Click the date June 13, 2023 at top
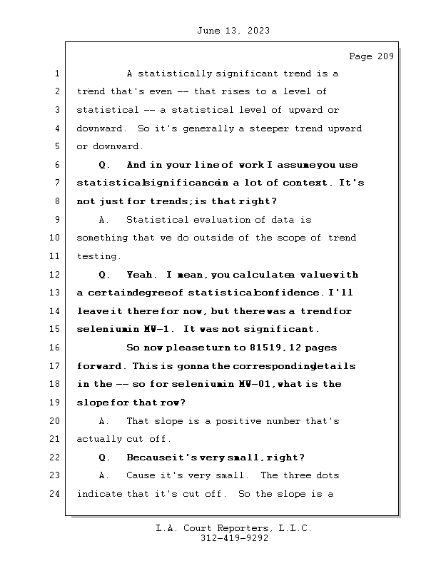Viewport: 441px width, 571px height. pos(232,31)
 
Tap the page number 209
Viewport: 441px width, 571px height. pos(385,56)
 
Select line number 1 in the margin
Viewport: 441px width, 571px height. pos(56,74)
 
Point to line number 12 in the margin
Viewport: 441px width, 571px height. pos(56,275)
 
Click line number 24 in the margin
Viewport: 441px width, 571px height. pos(56,493)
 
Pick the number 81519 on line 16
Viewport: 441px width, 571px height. pos(248,348)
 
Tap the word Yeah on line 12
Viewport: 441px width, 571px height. pos(140,275)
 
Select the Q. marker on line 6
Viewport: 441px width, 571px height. pos(104,165)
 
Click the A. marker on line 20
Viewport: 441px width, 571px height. pos(104,421)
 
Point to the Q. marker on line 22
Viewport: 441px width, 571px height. pos(104,458)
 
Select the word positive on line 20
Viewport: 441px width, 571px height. pos(252,421)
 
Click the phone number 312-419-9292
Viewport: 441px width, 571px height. pos(234,539)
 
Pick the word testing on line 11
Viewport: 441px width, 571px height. pos(98,256)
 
